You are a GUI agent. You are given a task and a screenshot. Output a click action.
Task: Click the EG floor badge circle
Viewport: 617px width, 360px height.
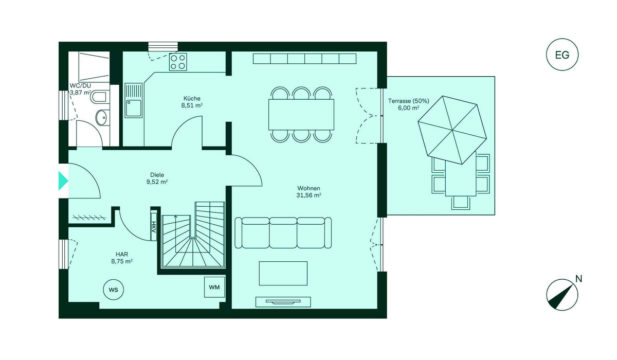click(562, 55)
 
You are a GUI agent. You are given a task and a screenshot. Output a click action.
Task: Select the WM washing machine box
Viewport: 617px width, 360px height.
click(214, 287)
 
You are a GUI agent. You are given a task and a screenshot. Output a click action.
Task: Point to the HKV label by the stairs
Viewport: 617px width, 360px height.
click(153, 226)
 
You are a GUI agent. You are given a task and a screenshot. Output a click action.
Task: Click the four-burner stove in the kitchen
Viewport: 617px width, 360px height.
click(178, 62)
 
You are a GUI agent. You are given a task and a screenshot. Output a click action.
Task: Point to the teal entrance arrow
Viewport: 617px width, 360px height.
click(63, 181)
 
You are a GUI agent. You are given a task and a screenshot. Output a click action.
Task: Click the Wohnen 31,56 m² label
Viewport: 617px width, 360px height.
click(308, 192)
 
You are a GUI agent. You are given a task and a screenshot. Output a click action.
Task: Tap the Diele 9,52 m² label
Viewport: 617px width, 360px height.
click(157, 178)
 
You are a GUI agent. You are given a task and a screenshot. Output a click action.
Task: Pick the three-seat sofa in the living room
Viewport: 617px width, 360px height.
click(283, 233)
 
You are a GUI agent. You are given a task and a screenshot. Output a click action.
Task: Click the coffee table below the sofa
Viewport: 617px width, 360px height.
click(283, 273)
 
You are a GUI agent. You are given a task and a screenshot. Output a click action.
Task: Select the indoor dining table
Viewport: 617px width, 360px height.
click(301, 114)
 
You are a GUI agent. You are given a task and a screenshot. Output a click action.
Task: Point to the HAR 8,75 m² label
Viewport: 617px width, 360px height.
click(122, 258)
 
